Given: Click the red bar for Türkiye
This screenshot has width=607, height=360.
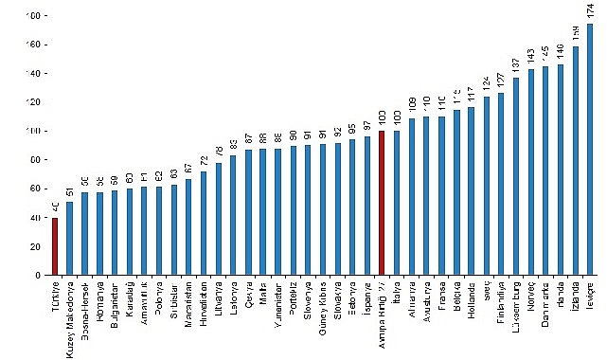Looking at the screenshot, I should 55,246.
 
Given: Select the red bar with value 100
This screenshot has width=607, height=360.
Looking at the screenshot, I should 382,203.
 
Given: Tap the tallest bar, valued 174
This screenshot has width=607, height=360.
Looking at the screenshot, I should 590,150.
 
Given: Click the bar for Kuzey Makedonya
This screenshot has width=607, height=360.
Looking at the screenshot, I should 69,239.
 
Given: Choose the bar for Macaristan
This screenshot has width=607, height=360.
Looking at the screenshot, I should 188,227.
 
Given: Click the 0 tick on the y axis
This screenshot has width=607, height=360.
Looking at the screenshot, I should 36,276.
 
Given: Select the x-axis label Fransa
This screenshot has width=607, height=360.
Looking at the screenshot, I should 441,297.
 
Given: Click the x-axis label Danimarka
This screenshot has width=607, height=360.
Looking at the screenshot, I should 545,303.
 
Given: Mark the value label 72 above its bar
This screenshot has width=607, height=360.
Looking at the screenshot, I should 204,162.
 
